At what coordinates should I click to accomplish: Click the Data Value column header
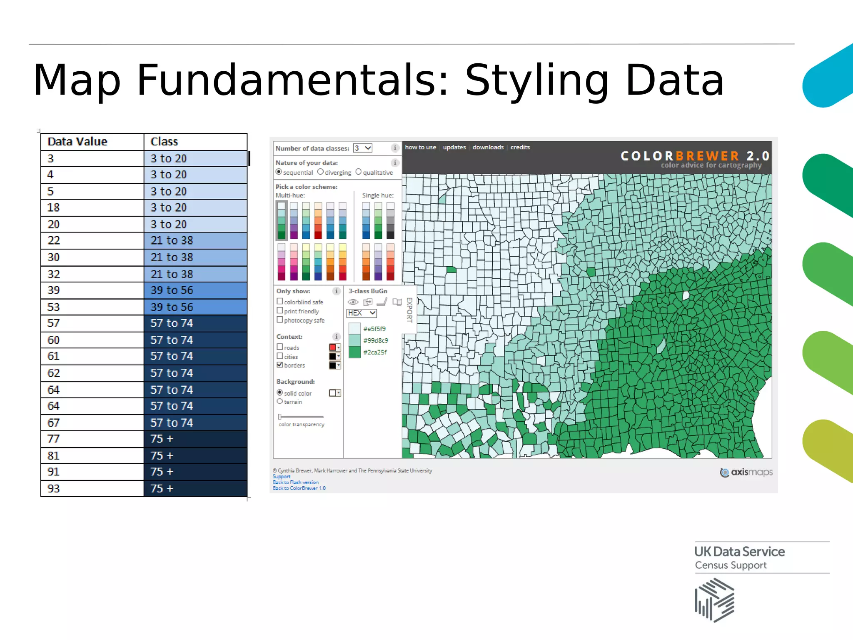point(77,142)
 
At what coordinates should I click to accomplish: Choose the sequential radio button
point(279,172)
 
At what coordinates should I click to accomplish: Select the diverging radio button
point(320,172)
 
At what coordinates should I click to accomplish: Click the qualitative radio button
point(358,172)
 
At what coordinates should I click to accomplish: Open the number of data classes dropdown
point(363,148)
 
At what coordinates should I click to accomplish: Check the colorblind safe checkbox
point(280,301)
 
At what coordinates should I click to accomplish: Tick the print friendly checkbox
point(280,310)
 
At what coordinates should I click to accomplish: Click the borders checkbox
point(280,365)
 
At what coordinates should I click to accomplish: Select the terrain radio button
point(280,401)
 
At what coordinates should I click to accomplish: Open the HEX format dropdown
point(362,313)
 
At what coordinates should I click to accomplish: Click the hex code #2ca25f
point(375,352)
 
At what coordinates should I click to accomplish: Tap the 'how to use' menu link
point(420,147)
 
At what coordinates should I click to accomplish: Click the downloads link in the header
point(488,147)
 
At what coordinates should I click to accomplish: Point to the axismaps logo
point(746,472)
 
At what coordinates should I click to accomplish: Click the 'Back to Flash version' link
point(296,482)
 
